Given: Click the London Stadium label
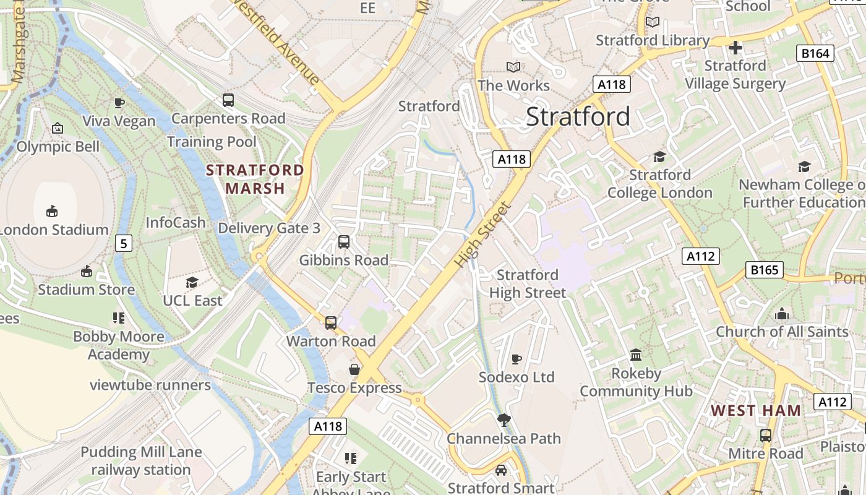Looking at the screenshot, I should pyautogui.click(x=54, y=230).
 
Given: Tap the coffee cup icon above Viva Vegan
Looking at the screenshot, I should pyautogui.click(x=119, y=103).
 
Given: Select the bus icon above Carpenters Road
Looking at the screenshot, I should pyautogui.click(x=228, y=100).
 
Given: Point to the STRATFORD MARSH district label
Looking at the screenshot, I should pyautogui.click(x=255, y=179).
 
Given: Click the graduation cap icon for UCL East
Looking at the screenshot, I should pyautogui.click(x=192, y=283).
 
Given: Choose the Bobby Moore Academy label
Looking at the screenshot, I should pyautogui.click(x=119, y=345).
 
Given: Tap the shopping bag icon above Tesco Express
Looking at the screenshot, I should pyautogui.click(x=354, y=369).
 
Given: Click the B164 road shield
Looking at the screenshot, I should pyautogui.click(x=815, y=53).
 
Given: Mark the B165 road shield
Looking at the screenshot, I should pyautogui.click(x=765, y=270).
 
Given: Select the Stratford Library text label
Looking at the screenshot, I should pyautogui.click(x=653, y=40).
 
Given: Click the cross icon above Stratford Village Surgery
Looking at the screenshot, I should pyautogui.click(x=735, y=47).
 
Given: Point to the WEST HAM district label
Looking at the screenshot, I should pyautogui.click(x=755, y=410).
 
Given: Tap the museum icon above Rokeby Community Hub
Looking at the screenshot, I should pyautogui.click(x=636, y=355).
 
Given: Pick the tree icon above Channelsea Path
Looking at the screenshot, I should pyautogui.click(x=504, y=420).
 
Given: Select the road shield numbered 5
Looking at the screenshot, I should pyautogui.click(x=124, y=243).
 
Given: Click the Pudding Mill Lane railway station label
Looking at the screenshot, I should pyautogui.click(x=141, y=461).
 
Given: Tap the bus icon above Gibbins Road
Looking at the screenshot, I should pyautogui.click(x=344, y=242).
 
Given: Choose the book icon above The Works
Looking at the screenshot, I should pyautogui.click(x=513, y=67).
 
